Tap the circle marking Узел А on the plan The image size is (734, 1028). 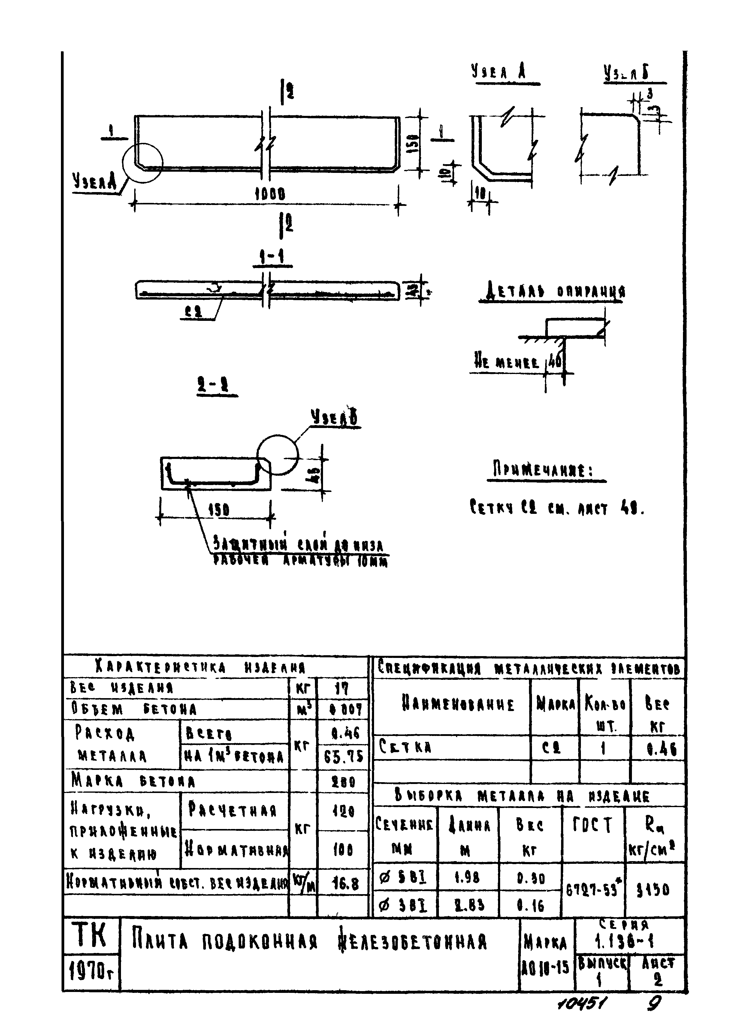(x=142, y=162)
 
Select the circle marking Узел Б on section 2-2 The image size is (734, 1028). (x=277, y=455)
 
